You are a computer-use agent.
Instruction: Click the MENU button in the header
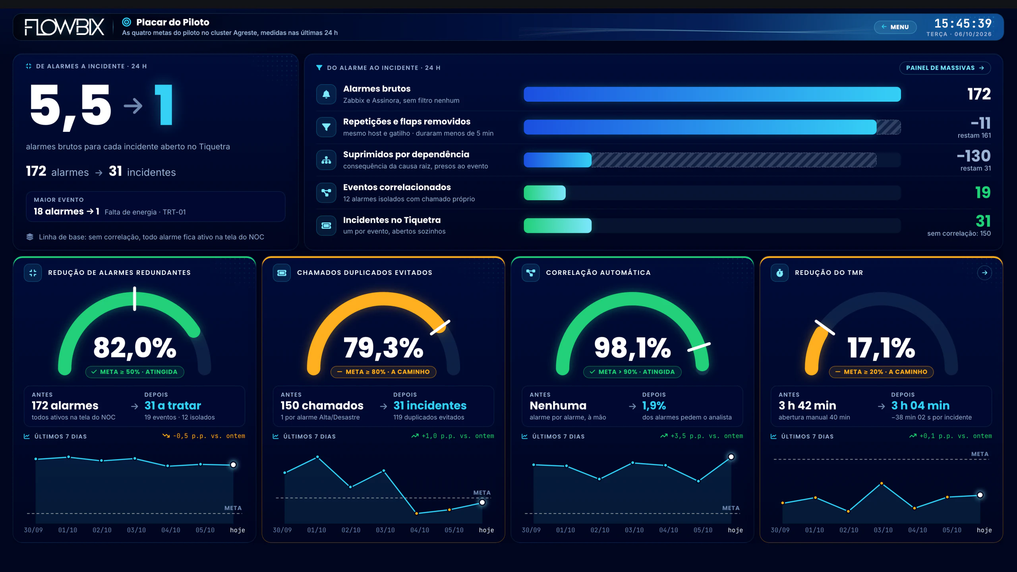[895, 27]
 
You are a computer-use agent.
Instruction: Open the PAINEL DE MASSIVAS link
[945, 68]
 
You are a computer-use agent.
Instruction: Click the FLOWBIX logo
[64, 27]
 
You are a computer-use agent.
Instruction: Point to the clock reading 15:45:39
[963, 23]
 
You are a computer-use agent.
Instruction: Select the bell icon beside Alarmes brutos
[326, 94]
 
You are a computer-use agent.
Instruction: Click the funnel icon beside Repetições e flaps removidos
[326, 127]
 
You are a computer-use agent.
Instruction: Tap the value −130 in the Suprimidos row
[974, 156]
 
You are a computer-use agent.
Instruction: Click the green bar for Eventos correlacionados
[545, 193]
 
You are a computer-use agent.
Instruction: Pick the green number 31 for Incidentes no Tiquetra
[983, 221]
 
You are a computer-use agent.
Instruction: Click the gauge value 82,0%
[135, 348]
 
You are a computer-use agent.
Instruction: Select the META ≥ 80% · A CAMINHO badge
[383, 372]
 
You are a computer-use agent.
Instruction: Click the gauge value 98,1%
[632, 348]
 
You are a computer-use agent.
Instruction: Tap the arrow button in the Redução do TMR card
[984, 272]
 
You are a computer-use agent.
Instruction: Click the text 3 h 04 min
[920, 405]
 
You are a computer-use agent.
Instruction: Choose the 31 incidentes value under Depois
[430, 405]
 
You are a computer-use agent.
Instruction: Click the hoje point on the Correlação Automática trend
[731, 457]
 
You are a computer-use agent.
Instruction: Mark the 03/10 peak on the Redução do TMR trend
[882, 483]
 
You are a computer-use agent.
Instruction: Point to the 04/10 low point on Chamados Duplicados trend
[416, 513]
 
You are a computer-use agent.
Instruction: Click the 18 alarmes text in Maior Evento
[58, 211]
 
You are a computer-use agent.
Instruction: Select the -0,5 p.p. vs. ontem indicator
[204, 436]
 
